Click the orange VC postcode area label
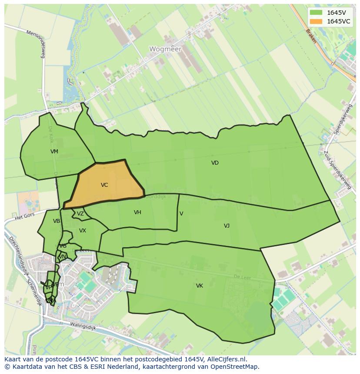pos(104,185)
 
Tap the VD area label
pos(215,163)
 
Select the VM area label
pos(54,152)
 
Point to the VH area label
pos(137,212)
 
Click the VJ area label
pos(227,226)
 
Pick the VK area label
pos(200,286)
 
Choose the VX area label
pos(83,231)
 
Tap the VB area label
pos(57,221)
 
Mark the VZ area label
pos(80,214)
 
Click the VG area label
pos(63,246)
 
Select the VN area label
pos(63,257)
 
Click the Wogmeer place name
pos(165,49)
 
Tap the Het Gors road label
pos(24,216)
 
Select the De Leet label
pos(242,277)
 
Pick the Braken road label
pos(311,36)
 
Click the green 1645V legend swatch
pos(316,13)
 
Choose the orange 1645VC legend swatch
pos(316,21)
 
